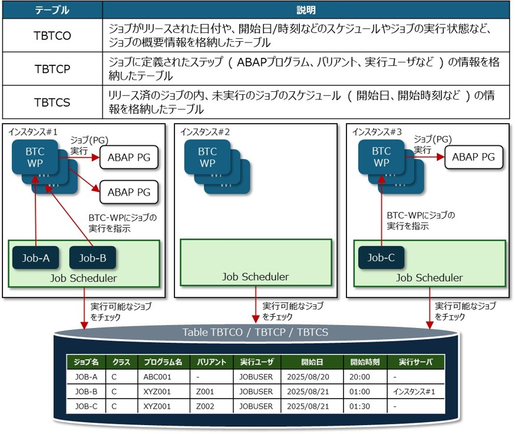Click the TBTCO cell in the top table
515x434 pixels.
tap(52, 35)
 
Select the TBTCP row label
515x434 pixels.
tap(52, 69)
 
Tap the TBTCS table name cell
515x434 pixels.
tap(52, 102)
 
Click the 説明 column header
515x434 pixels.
tap(306, 10)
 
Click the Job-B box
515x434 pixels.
tap(92, 257)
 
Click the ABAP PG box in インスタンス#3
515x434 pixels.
tap(473, 157)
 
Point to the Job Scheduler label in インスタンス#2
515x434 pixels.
tap(256, 276)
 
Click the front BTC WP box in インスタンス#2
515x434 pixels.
tap(207, 157)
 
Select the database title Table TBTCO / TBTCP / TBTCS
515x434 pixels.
tap(255, 333)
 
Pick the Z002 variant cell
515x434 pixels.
tap(206, 406)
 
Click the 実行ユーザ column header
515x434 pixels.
tap(257, 362)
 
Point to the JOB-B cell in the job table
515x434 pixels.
tap(87, 392)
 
